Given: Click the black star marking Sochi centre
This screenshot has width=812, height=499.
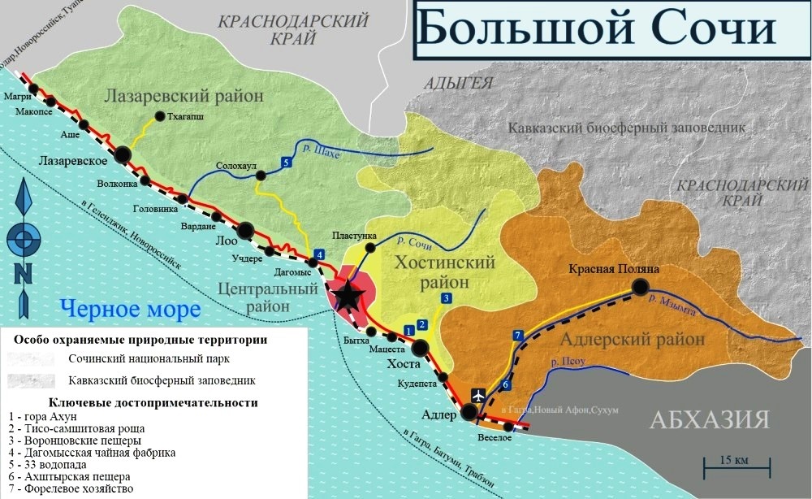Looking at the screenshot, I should (x=348, y=296).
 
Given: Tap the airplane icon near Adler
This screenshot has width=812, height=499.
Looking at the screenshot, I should (x=478, y=395).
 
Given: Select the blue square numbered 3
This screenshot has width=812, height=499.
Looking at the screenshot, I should (x=446, y=299).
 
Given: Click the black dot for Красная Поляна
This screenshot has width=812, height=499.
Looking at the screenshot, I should (x=641, y=286).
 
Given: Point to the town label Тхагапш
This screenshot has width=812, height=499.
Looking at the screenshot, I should (x=184, y=116).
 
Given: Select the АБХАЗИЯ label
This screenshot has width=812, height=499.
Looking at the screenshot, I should (x=709, y=419).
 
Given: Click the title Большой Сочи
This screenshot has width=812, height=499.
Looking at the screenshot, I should (x=597, y=30).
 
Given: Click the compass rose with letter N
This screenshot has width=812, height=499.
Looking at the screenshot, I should (x=24, y=241).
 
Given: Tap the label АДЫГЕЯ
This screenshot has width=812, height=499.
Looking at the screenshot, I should (x=459, y=82).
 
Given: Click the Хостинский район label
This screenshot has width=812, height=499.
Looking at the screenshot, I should (x=443, y=272).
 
